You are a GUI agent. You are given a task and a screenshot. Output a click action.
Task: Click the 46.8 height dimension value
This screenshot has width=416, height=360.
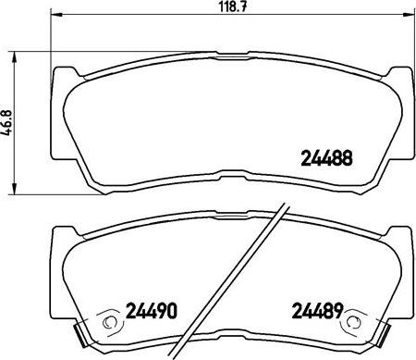[x=7, y=123]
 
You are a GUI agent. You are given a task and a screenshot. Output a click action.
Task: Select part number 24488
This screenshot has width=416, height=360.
[x=327, y=158]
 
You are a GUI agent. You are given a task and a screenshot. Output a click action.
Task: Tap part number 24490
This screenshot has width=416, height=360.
[x=150, y=310]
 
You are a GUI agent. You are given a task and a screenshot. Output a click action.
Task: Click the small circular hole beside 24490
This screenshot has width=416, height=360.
[x=109, y=323]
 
